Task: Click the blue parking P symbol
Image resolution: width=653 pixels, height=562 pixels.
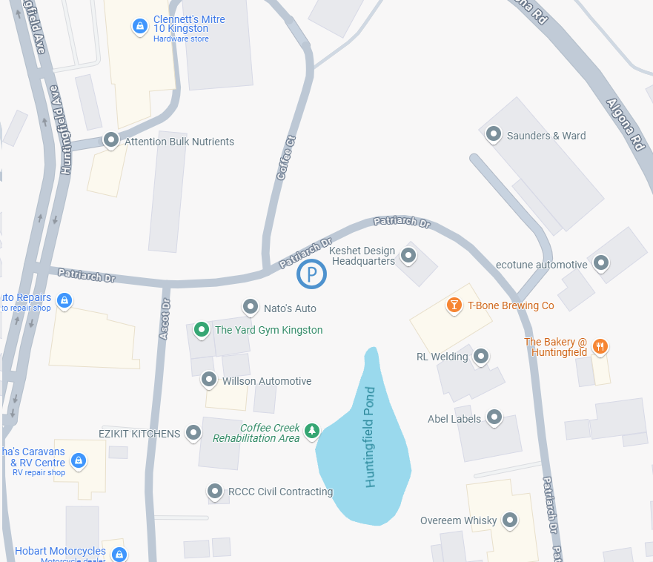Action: [312, 275]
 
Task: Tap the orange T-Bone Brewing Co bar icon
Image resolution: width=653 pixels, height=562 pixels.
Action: [453, 304]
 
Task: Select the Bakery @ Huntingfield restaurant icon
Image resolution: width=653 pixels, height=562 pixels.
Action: [600, 346]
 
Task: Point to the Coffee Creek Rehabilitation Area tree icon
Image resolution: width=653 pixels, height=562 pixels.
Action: [312, 430]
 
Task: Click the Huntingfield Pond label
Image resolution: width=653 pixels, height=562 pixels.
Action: [371, 437]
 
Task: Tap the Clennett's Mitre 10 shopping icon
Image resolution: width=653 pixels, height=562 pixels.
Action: [139, 26]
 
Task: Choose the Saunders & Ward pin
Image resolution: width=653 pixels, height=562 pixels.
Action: [493, 134]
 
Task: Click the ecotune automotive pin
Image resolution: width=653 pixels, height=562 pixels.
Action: [602, 262]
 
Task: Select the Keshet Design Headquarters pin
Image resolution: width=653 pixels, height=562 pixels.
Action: [408, 255]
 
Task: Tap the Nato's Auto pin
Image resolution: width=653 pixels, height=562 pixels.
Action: [251, 307]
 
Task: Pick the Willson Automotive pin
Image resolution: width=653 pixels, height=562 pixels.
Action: [209, 380]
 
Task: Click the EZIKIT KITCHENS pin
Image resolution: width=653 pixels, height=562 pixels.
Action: [193, 432]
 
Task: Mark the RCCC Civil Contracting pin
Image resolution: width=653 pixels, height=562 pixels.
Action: [214, 490]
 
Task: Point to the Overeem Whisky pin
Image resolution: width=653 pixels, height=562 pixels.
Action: [510, 520]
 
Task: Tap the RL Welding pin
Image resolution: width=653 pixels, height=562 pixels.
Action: [481, 356]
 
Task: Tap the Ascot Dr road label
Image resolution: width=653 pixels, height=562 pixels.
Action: [165, 319]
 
